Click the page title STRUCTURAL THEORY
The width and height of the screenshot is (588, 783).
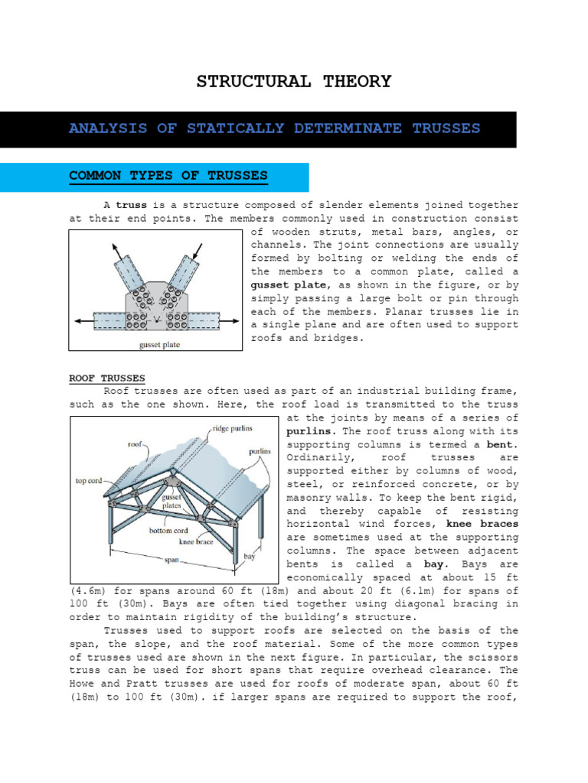[x=294, y=82]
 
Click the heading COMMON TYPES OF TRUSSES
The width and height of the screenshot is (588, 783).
[x=168, y=177]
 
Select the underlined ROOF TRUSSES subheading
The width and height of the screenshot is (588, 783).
[x=106, y=379]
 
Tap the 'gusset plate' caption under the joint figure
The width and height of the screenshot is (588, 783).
[x=159, y=344]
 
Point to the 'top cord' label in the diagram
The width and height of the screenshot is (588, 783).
[x=91, y=481]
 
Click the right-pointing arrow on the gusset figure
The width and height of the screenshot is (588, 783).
[x=234, y=321]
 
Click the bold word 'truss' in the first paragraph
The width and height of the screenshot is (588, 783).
[x=131, y=206]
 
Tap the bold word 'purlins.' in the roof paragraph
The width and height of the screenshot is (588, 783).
[x=312, y=431]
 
